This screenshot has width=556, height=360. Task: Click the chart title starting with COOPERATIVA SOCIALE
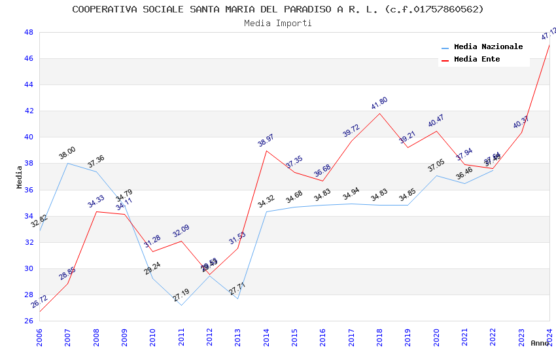click(x=278, y=9)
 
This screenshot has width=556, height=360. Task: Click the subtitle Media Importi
click(x=278, y=23)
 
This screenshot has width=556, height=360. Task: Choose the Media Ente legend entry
click(x=477, y=59)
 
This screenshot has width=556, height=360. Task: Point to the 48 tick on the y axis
click(x=29, y=32)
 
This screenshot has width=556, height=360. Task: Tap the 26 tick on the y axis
click(x=29, y=321)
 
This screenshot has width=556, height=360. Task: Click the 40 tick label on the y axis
click(x=29, y=137)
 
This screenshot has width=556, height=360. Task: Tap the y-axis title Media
click(x=20, y=177)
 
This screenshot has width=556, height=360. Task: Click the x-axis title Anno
click(x=540, y=343)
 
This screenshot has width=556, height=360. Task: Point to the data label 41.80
click(x=379, y=103)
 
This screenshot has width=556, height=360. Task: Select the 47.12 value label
click(x=549, y=34)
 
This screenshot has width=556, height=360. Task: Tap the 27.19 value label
click(x=181, y=295)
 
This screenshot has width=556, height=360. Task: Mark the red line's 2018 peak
click(x=379, y=113)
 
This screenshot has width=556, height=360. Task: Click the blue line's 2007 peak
click(x=67, y=163)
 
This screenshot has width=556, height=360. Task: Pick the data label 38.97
click(x=266, y=141)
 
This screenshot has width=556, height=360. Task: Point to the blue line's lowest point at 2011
click(x=181, y=305)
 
